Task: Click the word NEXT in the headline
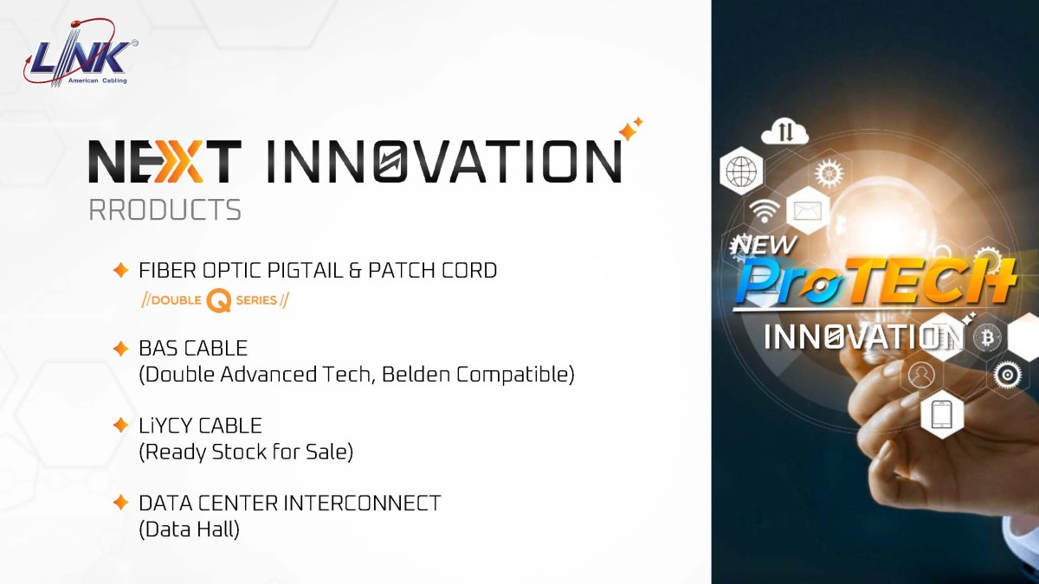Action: coord(165,161)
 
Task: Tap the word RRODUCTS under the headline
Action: coord(165,210)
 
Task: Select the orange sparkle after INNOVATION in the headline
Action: coord(631,128)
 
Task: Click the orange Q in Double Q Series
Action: coord(218,300)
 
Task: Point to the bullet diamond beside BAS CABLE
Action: coord(120,349)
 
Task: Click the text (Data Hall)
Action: coord(190,529)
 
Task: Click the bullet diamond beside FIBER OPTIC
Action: coord(120,270)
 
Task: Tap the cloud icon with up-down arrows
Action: coord(784,132)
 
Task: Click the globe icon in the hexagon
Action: coord(742,170)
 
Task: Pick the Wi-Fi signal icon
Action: coord(763,211)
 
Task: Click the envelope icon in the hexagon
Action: coord(808,211)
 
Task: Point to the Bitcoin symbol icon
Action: coord(987,337)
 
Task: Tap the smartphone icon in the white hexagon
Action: coord(942,414)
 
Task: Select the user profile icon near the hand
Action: coord(921,375)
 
